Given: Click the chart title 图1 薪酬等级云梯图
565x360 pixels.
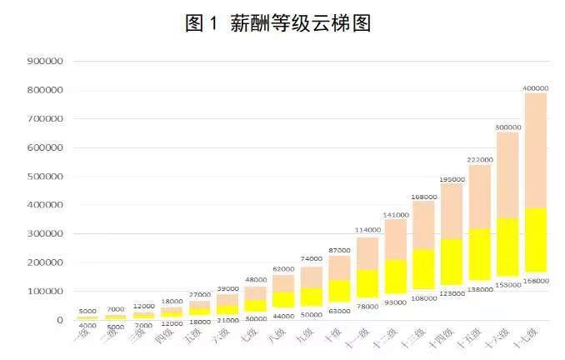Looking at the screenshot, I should pyautogui.click(x=277, y=22).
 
